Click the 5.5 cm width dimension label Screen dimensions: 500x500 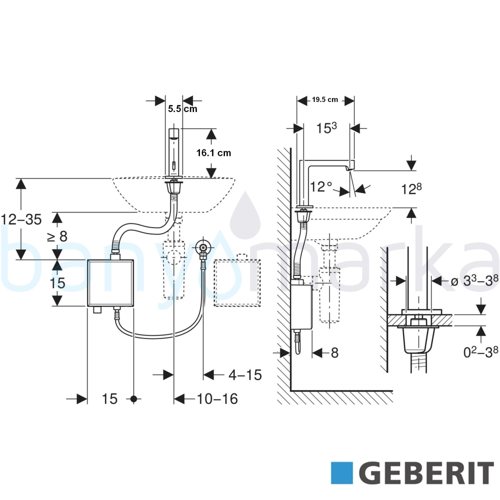182,108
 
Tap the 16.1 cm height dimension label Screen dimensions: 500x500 213,152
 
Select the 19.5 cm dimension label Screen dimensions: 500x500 324,99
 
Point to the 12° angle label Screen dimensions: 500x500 321,186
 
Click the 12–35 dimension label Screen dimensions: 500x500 21,219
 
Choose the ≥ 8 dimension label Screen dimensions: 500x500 57,236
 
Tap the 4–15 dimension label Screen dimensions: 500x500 245,375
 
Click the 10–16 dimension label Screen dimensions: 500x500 217,399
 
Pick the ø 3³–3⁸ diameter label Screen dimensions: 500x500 474,280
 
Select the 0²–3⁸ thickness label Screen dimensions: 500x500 480,351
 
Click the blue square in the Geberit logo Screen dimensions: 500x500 342,473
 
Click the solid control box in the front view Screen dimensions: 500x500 110,283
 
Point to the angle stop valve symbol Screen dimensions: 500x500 203,247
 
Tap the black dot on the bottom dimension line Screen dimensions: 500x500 133,398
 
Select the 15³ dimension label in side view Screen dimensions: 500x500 326,128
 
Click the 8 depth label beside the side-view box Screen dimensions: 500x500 334,352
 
